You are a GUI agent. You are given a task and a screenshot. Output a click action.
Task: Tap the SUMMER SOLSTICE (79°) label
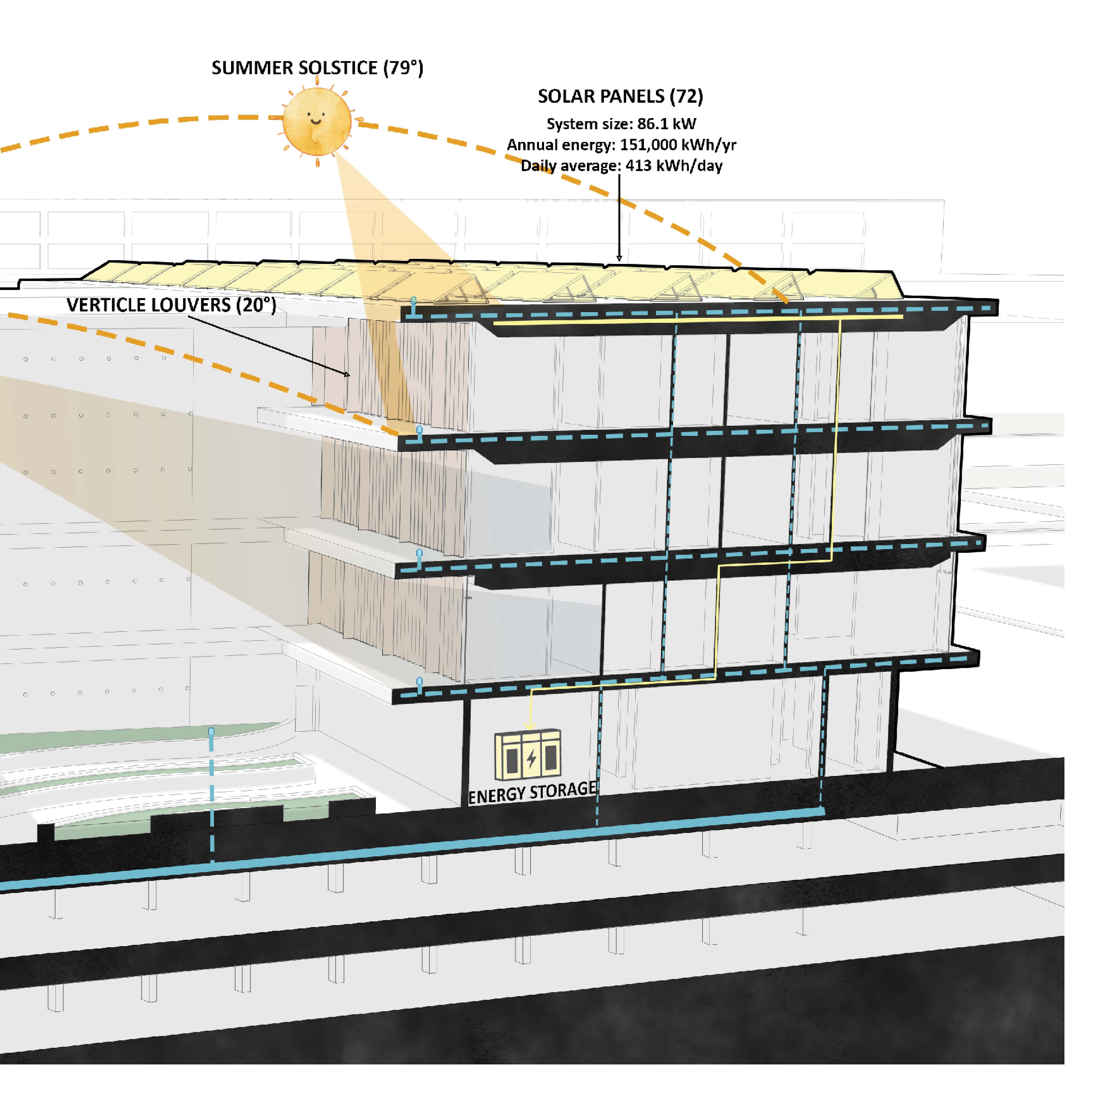(x=317, y=68)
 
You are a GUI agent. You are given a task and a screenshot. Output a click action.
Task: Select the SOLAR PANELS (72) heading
(x=620, y=97)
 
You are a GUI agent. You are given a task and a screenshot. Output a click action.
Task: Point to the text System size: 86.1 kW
(x=622, y=124)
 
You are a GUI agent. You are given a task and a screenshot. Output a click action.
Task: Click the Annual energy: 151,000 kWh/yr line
(x=622, y=145)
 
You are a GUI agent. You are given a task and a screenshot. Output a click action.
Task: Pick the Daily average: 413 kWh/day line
(x=622, y=166)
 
